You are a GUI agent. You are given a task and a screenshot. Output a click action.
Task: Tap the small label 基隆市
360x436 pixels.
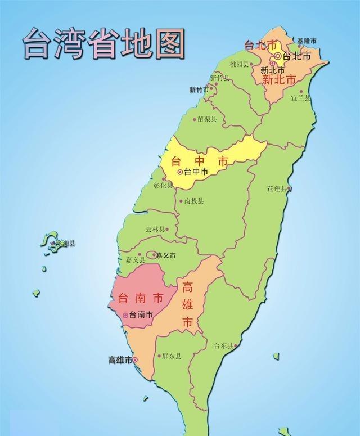click(307, 41)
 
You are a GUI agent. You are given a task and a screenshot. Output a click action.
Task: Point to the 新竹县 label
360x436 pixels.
click(220, 78)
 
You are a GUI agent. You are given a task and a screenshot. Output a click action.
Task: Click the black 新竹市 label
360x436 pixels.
click(199, 90)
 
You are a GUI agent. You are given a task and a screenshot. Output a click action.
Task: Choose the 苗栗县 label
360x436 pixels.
click(207, 119)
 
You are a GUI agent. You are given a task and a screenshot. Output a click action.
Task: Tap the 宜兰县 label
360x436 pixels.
click(300, 97)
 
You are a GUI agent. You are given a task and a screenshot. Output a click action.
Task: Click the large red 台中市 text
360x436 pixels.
click(200, 160)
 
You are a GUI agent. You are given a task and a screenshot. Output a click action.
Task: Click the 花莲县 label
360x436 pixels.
click(277, 188)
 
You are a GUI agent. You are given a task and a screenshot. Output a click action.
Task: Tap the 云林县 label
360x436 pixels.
click(155, 230)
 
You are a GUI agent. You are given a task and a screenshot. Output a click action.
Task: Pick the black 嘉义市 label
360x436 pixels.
click(165, 255)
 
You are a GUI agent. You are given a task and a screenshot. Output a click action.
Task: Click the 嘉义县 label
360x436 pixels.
click(135, 260)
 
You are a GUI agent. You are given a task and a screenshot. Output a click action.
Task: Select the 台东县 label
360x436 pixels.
click(223, 346)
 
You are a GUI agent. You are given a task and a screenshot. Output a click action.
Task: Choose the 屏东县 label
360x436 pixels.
click(171, 356)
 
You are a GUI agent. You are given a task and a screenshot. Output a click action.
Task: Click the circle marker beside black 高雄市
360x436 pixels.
click(134, 361)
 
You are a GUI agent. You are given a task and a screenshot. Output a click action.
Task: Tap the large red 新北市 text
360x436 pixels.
click(279, 80)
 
